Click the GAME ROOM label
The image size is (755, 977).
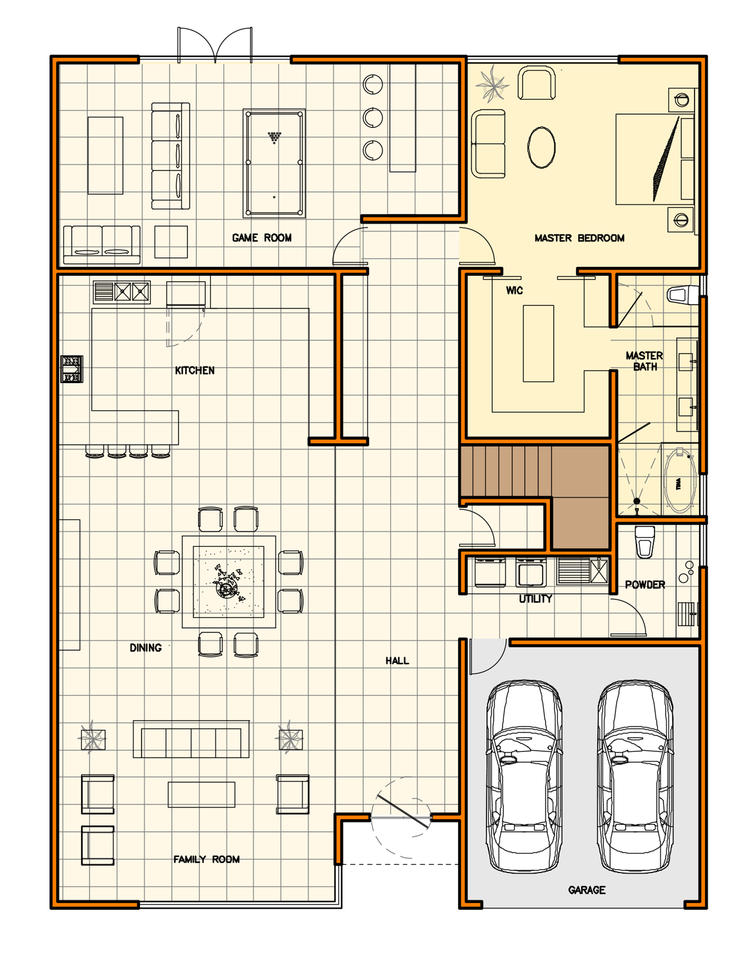[262, 238]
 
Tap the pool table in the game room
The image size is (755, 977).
[274, 164]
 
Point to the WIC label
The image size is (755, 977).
[514, 290]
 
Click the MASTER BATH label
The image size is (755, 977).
[645, 361]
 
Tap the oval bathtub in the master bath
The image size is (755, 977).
[680, 481]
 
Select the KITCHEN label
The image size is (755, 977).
[195, 370]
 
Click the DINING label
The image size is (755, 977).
[145, 648]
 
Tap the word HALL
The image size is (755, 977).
[397, 661]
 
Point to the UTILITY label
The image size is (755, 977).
[535, 599]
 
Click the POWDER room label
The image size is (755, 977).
[645, 585]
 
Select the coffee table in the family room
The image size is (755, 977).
[201, 795]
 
